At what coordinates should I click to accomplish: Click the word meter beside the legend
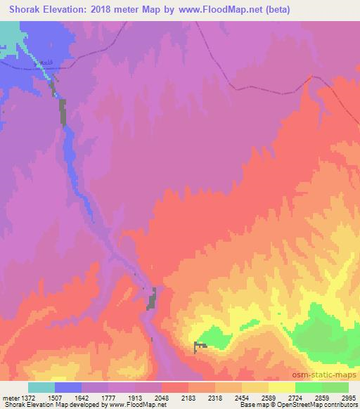click(x=12, y=397)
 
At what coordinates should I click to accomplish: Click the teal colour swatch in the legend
click(x=41, y=387)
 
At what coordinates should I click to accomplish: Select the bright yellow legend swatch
click(x=282, y=387)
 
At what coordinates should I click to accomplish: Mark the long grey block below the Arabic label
click(x=62, y=112)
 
